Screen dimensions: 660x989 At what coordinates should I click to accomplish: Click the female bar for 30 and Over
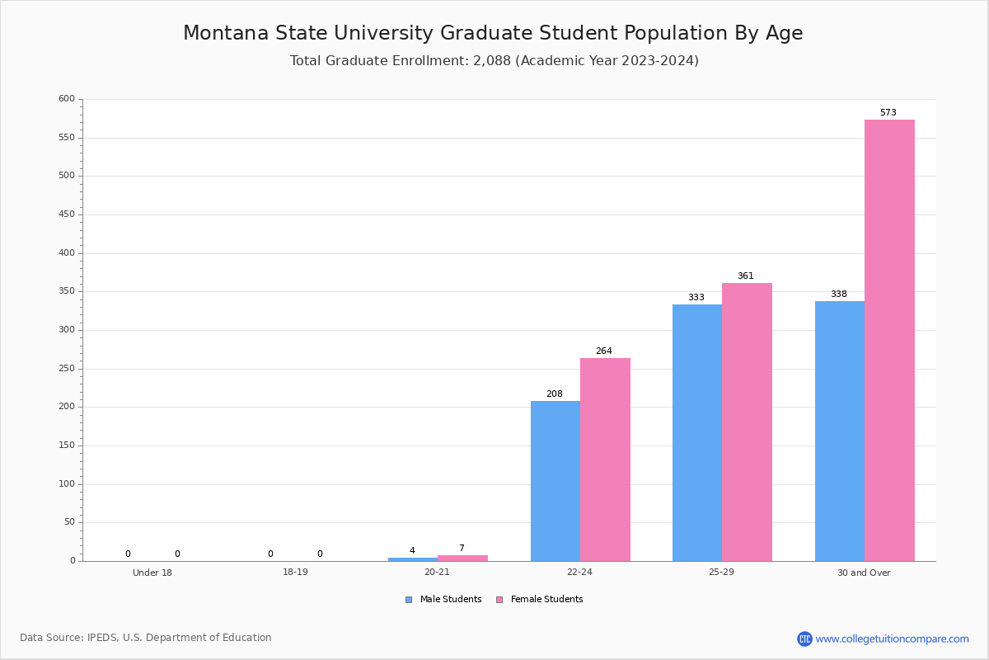pyautogui.click(x=889, y=340)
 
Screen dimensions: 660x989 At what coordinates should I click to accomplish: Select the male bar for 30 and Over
pyautogui.click(x=840, y=431)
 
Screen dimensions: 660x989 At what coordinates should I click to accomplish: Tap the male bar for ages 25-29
pyautogui.click(x=697, y=432)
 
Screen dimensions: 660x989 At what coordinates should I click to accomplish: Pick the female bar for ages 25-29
pyautogui.click(x=747, y=422)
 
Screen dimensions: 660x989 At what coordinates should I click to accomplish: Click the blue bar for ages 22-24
pyautogui.click(x=555, y=481)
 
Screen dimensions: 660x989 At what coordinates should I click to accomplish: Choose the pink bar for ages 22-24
pyautogui.click(x=605, y=460)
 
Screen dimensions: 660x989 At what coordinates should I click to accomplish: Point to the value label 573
pyautogui.click(x=888, y=112)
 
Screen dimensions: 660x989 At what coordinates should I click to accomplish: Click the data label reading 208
pyautogui.click(x=555, y=394)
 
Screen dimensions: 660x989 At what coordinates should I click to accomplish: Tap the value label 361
pyautogui.click(x=746, y=276)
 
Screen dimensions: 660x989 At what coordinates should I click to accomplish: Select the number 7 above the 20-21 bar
pyautogui.click(x=462, y=548)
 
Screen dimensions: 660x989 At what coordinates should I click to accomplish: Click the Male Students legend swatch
pyautogui.click(x=409, y=600)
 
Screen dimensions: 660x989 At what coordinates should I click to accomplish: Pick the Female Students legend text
pyautogui.click(x=546, y=600)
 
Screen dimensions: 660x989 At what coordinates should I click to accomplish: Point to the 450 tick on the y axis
pyautogui.click(x=66, y=214)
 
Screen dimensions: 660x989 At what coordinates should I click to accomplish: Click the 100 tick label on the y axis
pyautogui.click(x=66, y=484)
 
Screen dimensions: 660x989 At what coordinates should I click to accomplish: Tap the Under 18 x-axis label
pyautogui.click(x=152, y=573)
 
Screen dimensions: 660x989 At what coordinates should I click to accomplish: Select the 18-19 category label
pyautogui.click(x=295, y=573)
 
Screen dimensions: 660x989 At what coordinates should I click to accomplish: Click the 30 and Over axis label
pyautogui.click(x=864, y=573)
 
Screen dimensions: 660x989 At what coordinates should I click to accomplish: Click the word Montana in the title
pyautogui.click(x=226, y=34)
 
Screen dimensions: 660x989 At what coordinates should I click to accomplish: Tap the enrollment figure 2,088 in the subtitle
pyautogui.click(x=492, y=61)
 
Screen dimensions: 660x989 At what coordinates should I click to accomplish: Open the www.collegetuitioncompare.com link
pyautogui.click(x=892, y=639)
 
